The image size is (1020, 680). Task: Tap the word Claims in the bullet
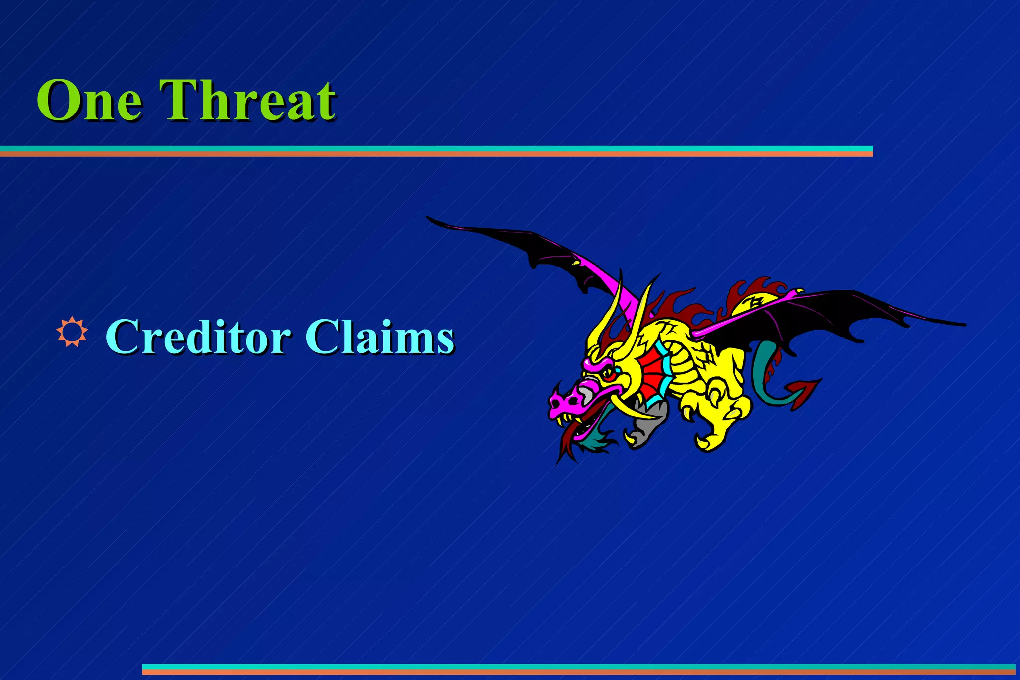click(x=380, y=337)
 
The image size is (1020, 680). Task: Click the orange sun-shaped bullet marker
click(x=72, y=331)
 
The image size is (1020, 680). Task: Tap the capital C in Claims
click(x=322, y=337)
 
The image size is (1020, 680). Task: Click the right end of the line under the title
click(x=871, y=151)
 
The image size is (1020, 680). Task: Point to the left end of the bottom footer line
click(x=144, y=669)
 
